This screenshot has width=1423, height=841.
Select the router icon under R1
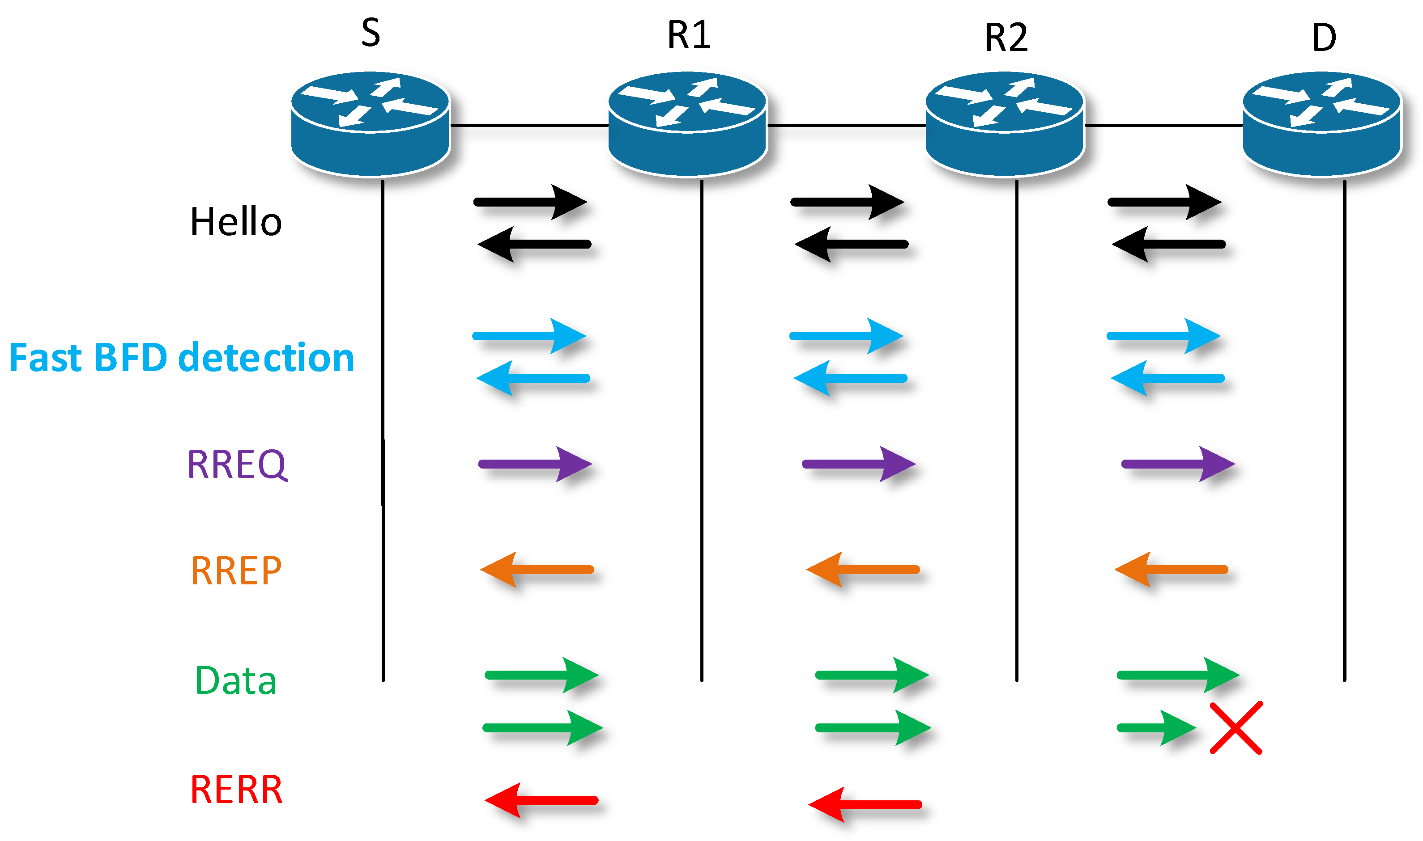pyautogui.click(x=687, y=123)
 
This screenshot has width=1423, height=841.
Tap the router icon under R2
pyautogui.click(x=1005, y=123)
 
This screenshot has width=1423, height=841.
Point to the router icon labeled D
pyautogui.click(x=1321, y=123)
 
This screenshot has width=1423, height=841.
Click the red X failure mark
pyautogui.click(x=1236, y=727)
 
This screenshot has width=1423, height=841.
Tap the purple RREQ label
pyautogui.click(x=237, y=465)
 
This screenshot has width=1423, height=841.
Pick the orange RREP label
pyautogui.click(x=236, y=570)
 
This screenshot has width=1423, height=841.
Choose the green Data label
pyautogui.click(x=235, y=680)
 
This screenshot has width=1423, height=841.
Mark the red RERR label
pyautogui.click(x=236, y=790)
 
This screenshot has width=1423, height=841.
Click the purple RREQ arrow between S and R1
pyautogui.click(x=535, y=464)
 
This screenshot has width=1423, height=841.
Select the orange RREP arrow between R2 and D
pyautogui.click(x=1171, y=570)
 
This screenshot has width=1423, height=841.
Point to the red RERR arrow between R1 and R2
pyautogui.click(x=865, y=805)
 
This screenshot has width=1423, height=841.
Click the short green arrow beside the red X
pyautogui.click(x=1156, y=727)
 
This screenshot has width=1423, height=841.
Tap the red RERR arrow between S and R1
pyautogui.click(x=541, y=800)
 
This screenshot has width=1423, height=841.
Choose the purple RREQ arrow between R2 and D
pyautogui.click(x=1178, y=464)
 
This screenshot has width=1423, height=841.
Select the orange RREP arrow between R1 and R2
pyautogui.click(x=863, y=570)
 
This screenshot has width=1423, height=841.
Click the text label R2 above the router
pyautogui.click(x=1005, y=38)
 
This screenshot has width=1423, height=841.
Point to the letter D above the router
pyautogui.click(x=1324, y=38)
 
